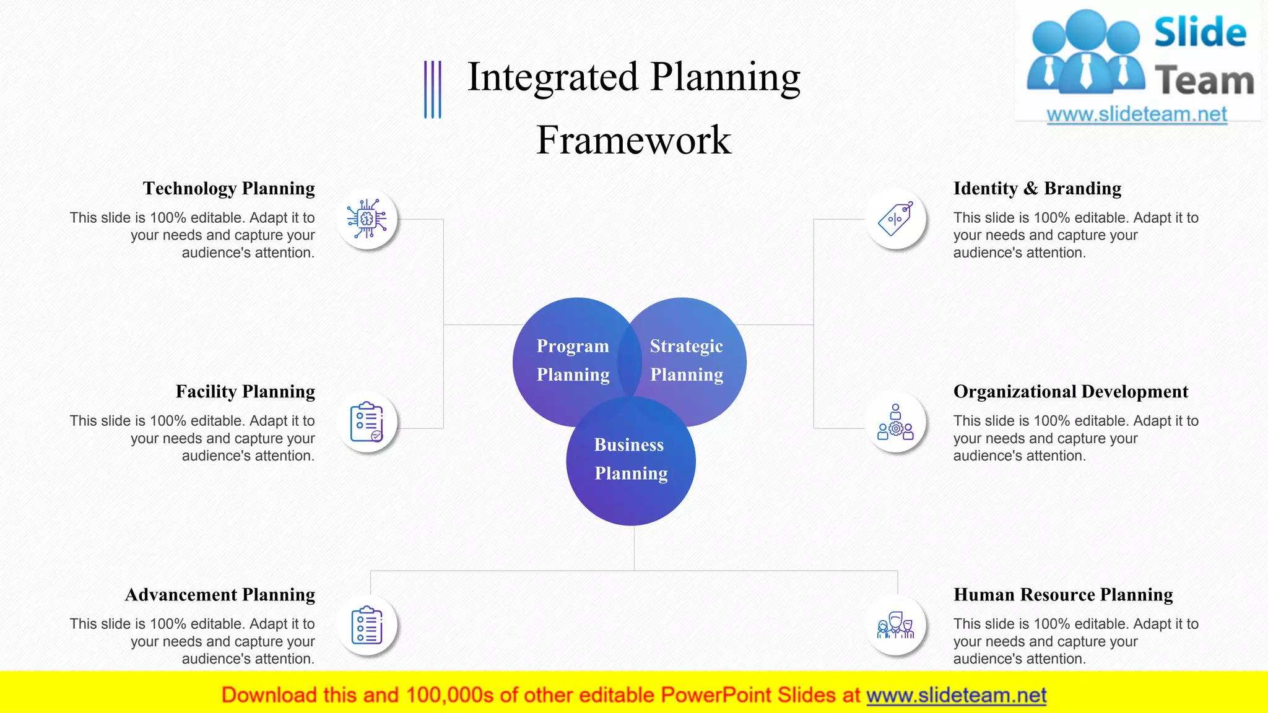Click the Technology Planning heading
pyautogui.click(x=228, y=188)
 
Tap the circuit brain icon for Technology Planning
pyautogui.click(x=367, y=219)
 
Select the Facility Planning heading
pyautogui.click(x=245, y=392)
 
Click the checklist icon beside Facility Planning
pyautogui.click(x=367, y=422)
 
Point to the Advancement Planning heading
pyautogui.click(x=220, y=595)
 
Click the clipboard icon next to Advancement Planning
pyautogui.click(x=367, y=625)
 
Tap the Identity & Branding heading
pyautogui.click(x=1037, y=188)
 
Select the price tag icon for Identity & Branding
pyautogui.click(x=895, y=219)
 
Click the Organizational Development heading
pyautogui.click(x=1070, y=392)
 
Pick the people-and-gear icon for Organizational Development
pyautogui.click(x=895, y=422)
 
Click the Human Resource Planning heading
pyautogui.click(x=1063, y=595)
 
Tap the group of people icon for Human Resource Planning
pyautogui.click(x=895, y=625)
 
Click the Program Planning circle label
pyautogui.click(x=573, y=360)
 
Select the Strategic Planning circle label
pyautogui.click(x=686, y=360)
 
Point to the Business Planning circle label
pyautogui.click(x=630, y=459)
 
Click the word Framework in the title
pyautogui.click(x=633, y=140)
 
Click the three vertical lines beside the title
pyautogui.click(x=432, y=89)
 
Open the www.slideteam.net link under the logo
pyautogui.click(x=1136, y=115)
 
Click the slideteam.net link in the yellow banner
pyautogui.click(x=956, y=696)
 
